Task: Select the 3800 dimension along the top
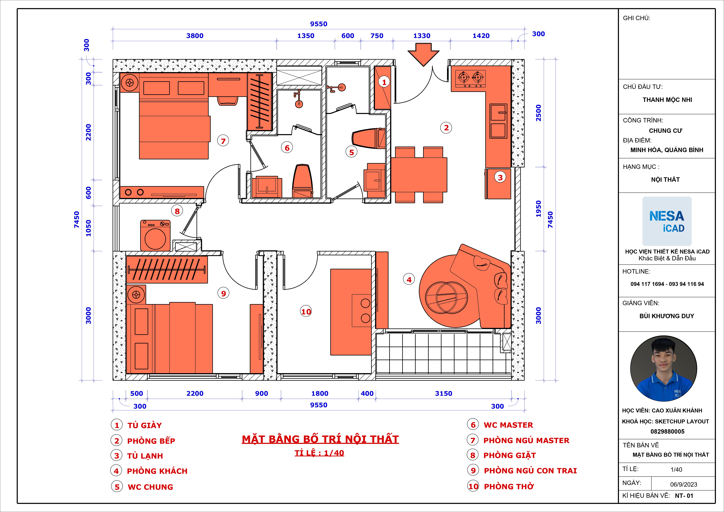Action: point(195,36)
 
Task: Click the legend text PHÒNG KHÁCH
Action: point(157,471)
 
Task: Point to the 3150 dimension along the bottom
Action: point(443,393)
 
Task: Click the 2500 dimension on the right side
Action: point(539,113)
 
